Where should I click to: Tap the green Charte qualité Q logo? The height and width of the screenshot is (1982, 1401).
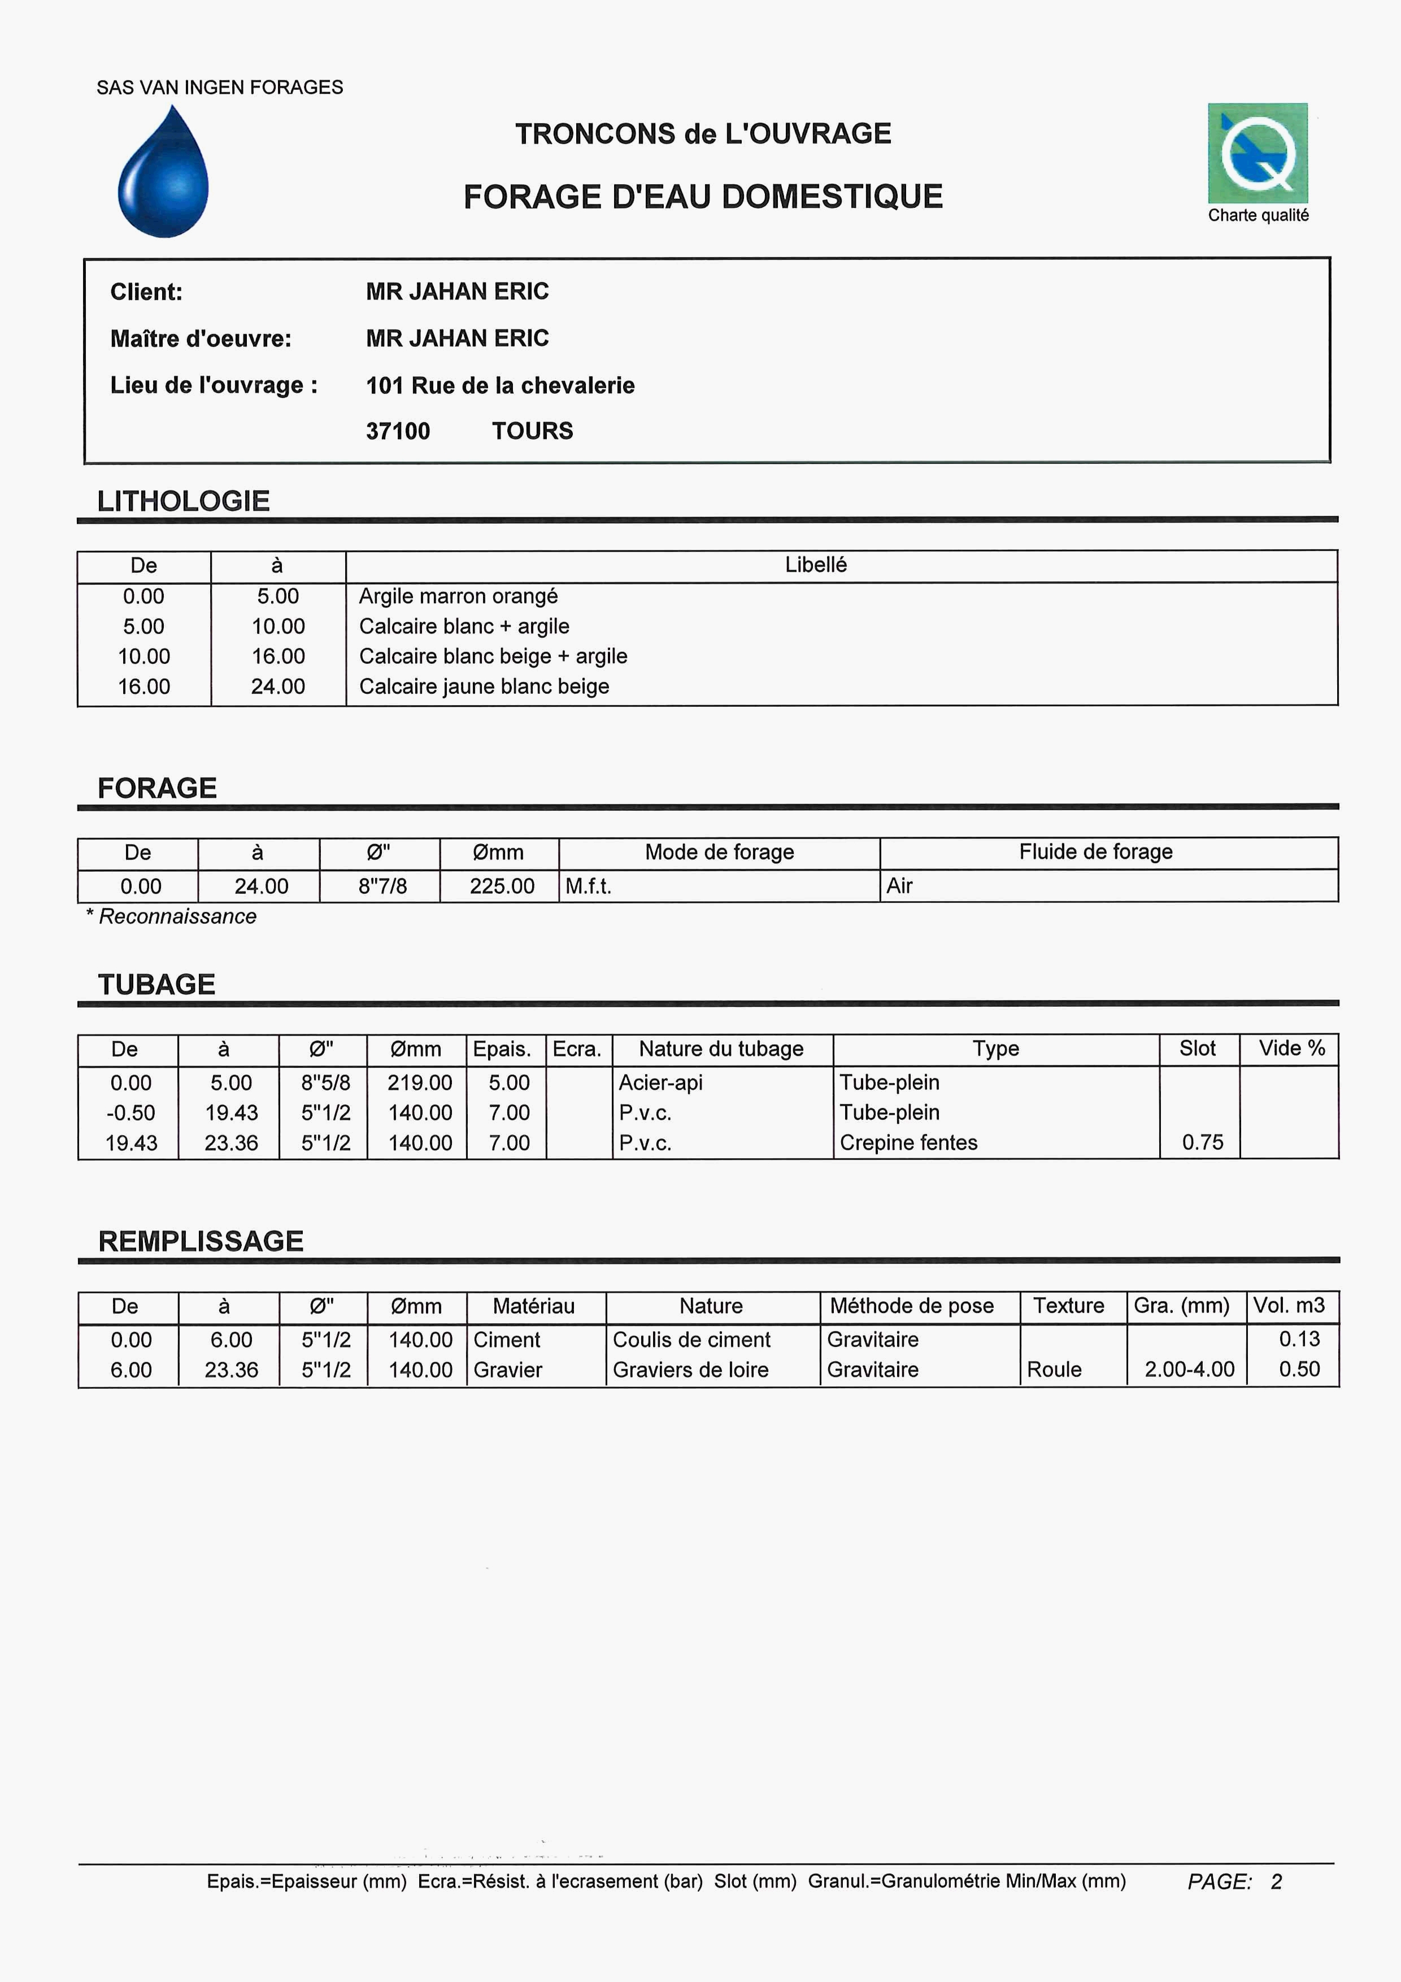[x=1258, y=154]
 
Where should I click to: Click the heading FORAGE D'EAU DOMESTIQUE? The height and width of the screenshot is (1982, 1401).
[x=703, y=197]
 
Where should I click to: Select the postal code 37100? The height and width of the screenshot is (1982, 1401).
[x=398, y=431]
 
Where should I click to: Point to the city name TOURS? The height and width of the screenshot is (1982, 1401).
[x=533, y=431]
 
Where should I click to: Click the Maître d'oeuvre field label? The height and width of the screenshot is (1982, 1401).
[x=201, y=338]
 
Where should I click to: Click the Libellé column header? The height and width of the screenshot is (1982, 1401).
[x=816, y=564]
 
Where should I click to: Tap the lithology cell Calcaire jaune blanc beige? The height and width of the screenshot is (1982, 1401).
[x=484, y=686]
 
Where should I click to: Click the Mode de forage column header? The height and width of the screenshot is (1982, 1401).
[x=719, y=852]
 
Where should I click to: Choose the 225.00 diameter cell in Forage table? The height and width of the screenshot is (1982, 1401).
[x=502, y=886]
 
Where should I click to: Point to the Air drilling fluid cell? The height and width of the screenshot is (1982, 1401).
[x=899, y=886]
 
